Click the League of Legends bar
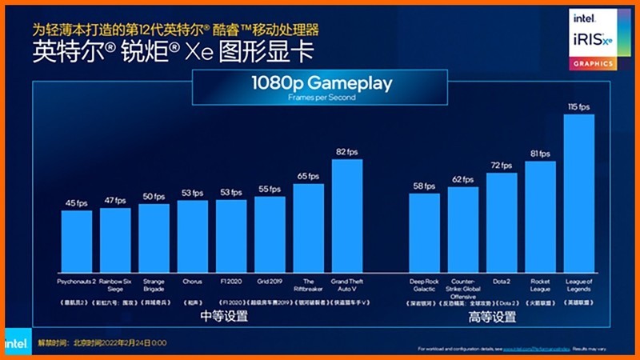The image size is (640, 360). pos(579,194)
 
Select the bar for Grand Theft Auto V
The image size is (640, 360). pos(347,216)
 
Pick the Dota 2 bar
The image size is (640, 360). pos(502,223)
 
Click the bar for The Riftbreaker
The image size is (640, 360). pos(309,229)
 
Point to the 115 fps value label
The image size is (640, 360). pos(579,107)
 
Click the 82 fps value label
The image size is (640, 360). pos(347,152)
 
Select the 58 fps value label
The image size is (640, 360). pos(424,186)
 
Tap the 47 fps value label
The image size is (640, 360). pos(115,202)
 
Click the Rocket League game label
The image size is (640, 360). pos(541,285)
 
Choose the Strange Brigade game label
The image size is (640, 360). pos(154,285)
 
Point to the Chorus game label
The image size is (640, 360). pos(192,282)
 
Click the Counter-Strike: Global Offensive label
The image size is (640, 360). pos(463,288)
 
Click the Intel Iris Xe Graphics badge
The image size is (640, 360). pos(592,39)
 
